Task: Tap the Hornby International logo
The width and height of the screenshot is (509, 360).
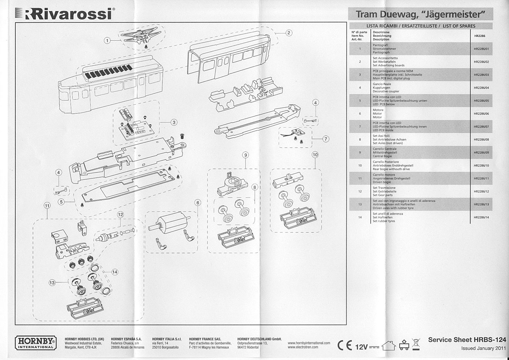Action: [x=35, y=343]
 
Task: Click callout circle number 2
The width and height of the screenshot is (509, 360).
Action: [x=288, y=33]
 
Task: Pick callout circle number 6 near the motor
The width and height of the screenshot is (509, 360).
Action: [x=197, y=203]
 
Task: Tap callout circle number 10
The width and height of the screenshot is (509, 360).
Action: [x=315, y=155]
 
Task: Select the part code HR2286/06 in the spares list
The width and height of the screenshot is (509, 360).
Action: [x=481, y=114]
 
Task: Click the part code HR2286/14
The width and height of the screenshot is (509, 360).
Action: [x=481, y=218]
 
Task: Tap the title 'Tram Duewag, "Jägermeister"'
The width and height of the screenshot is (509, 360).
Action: [x=420, y=14]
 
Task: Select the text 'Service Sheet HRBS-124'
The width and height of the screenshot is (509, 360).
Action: [x=467, y=340]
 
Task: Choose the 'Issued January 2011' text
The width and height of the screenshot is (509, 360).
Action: [x=483, y=348]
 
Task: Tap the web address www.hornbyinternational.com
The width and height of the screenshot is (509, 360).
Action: [x=308, y=343]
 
